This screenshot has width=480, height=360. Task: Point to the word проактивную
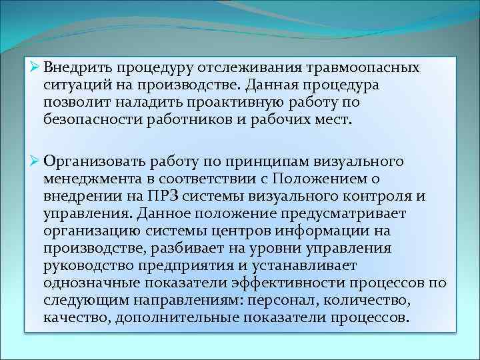click(231, 103)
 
